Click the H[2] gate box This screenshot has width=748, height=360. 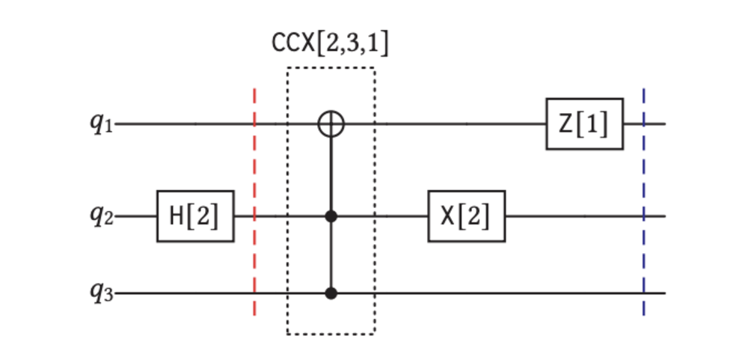point(195,216)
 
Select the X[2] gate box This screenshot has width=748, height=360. point(467,216)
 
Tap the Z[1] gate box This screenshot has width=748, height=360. point(584,123)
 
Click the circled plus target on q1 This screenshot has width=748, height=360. point(331,123)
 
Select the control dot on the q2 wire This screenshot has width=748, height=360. point(331,217)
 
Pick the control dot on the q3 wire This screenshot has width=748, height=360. point(331,294)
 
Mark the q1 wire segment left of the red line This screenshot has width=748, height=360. point(187,123)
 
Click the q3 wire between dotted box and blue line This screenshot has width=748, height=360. point(509,294)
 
